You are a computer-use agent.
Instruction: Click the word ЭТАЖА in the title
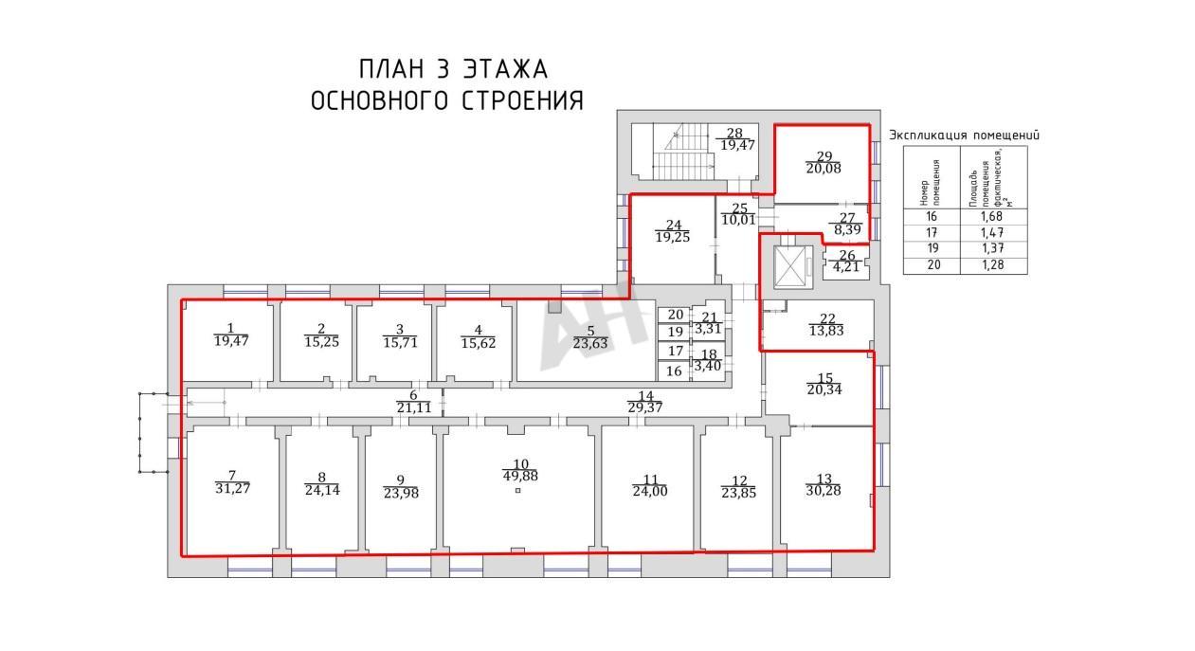[505, 69]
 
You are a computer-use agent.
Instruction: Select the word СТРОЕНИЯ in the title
[522, 100]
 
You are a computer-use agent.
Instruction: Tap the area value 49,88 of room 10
[520, 476]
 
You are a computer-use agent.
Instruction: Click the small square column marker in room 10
[518, 491]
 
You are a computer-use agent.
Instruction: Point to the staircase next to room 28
[684, 152]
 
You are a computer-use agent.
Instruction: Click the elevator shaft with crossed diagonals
[793, 267]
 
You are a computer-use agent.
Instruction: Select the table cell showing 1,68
[993, 217]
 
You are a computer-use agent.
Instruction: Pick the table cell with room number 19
[932, 248]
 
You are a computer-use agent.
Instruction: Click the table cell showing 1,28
[993, 265]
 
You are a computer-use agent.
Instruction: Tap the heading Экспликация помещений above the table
[964, 136]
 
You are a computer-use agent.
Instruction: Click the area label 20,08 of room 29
[824, 169]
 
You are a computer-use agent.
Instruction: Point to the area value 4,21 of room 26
[846, 266]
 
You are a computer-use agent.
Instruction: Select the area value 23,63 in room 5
[590, 344]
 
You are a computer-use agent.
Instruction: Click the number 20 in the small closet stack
[676, 315]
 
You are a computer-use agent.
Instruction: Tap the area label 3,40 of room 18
[707, 366]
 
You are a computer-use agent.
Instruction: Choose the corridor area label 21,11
[414, 408]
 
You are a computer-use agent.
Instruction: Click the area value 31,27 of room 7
[232, 488]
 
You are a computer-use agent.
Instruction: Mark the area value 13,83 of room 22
[826, 331]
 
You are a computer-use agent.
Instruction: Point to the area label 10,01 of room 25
[738, 219]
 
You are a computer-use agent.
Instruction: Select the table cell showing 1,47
[993, 233]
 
